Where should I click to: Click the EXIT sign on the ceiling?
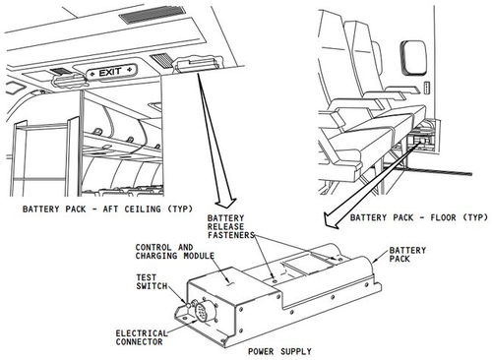[x=111, y=72]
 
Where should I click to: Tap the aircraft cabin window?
[x=413, y=58]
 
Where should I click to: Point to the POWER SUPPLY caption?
[x=279, y=351]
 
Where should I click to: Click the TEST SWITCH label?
[x=152, y=281]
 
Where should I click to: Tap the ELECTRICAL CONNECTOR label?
[x=142, y=337]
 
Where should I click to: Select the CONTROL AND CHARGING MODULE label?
[x=175, y=252]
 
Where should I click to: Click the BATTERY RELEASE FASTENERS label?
[x=231, y=226]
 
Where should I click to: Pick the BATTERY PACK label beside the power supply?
[x=407, y=255]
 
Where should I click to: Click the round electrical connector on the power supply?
[x=202, y=312]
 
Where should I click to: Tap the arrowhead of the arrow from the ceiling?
[x=226, y=203]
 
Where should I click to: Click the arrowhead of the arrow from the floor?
[x=331, y=220]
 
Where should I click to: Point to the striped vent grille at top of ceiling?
[x=153, y=15]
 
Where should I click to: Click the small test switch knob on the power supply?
[x=188, y=305]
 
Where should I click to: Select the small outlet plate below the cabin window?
[x=427, y=88]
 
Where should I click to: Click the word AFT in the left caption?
[x=111, y=209]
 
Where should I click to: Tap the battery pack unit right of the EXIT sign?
[x=197, y=62]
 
